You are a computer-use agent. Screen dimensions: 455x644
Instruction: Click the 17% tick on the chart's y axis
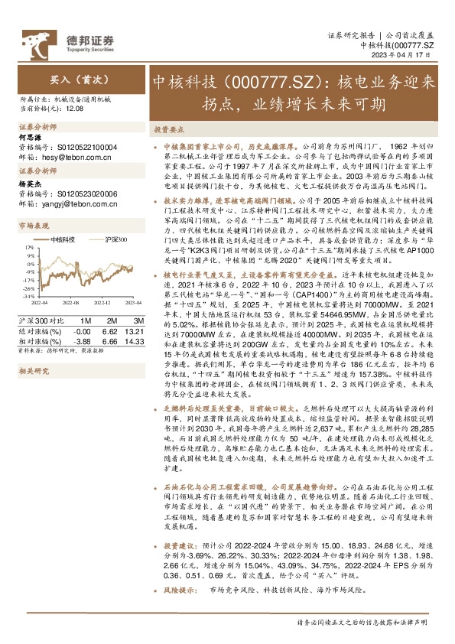(28, 249)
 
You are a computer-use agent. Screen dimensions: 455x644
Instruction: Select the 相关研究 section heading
(34, 371)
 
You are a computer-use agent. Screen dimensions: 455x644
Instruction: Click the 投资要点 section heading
(166, 129)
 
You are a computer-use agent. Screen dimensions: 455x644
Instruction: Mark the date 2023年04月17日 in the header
(410, 55)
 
